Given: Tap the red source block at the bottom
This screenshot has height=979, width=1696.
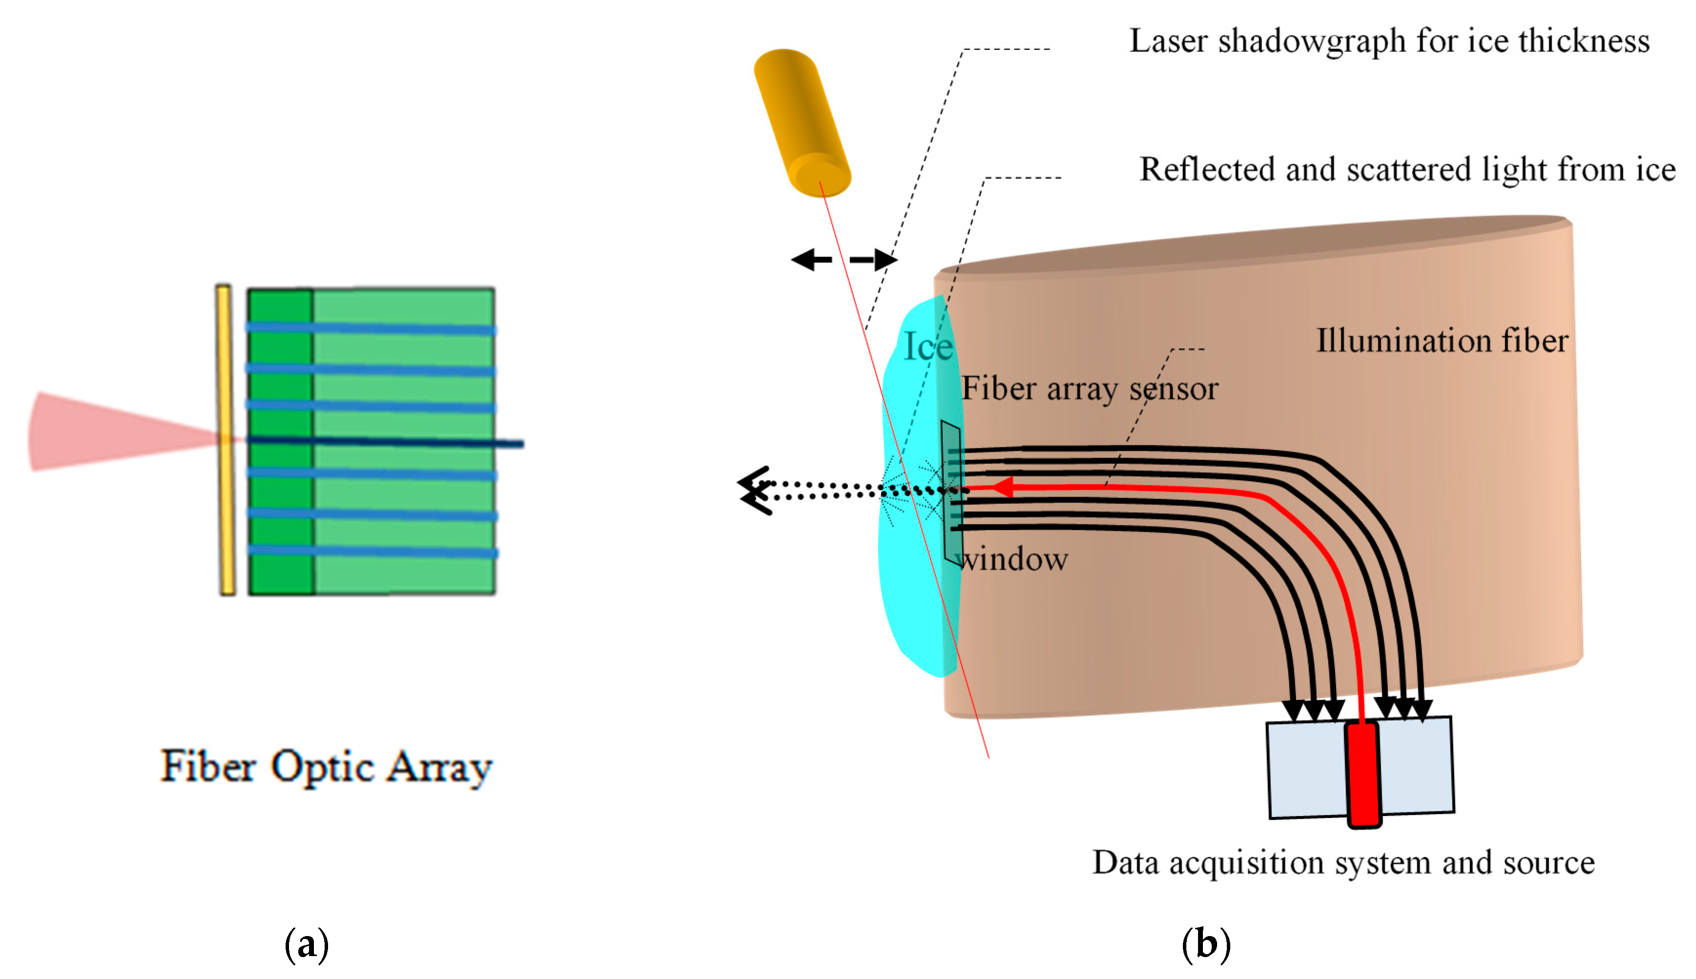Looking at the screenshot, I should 1363,773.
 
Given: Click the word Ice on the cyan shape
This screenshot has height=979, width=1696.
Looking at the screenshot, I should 927,347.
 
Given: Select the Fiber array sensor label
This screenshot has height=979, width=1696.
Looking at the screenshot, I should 1089,389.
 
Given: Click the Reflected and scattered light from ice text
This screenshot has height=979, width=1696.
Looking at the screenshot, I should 1406,169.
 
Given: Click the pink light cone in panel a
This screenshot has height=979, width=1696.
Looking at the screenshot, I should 101,432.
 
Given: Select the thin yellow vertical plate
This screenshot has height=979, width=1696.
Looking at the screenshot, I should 226,440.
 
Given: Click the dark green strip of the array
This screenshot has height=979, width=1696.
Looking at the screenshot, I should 280,440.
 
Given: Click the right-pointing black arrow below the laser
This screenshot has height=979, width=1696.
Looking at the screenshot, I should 874,260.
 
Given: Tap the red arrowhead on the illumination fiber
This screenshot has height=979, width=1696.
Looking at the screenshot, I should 1002,487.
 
